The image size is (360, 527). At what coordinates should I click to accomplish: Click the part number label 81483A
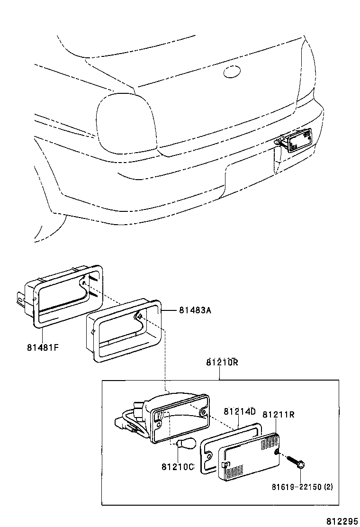[195, 310]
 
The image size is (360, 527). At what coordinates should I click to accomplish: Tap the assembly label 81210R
[222, 363]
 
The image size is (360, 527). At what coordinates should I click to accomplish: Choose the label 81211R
[279, 415]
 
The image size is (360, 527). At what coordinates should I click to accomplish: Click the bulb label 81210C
[178, 467]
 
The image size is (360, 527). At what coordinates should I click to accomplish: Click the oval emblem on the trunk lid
[232, 72]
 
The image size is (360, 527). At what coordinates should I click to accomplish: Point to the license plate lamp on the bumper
[296, 140]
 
